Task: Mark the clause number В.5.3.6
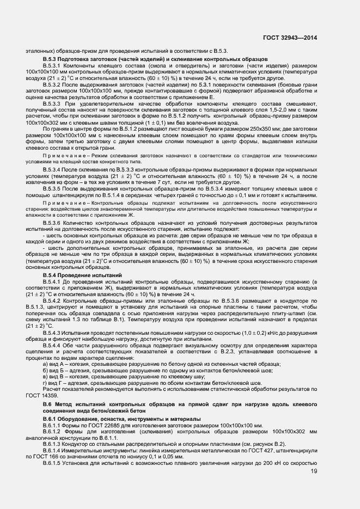tap(53, 223)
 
